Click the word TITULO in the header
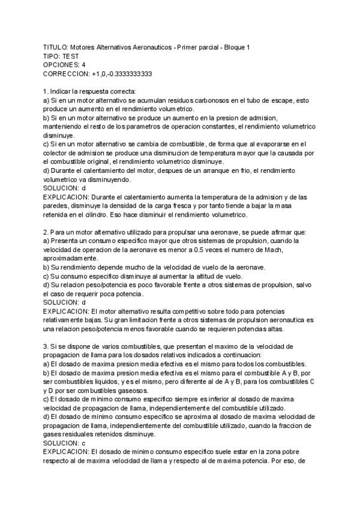click(x=55, y=47)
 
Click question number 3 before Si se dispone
click(x=46, y=347)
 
